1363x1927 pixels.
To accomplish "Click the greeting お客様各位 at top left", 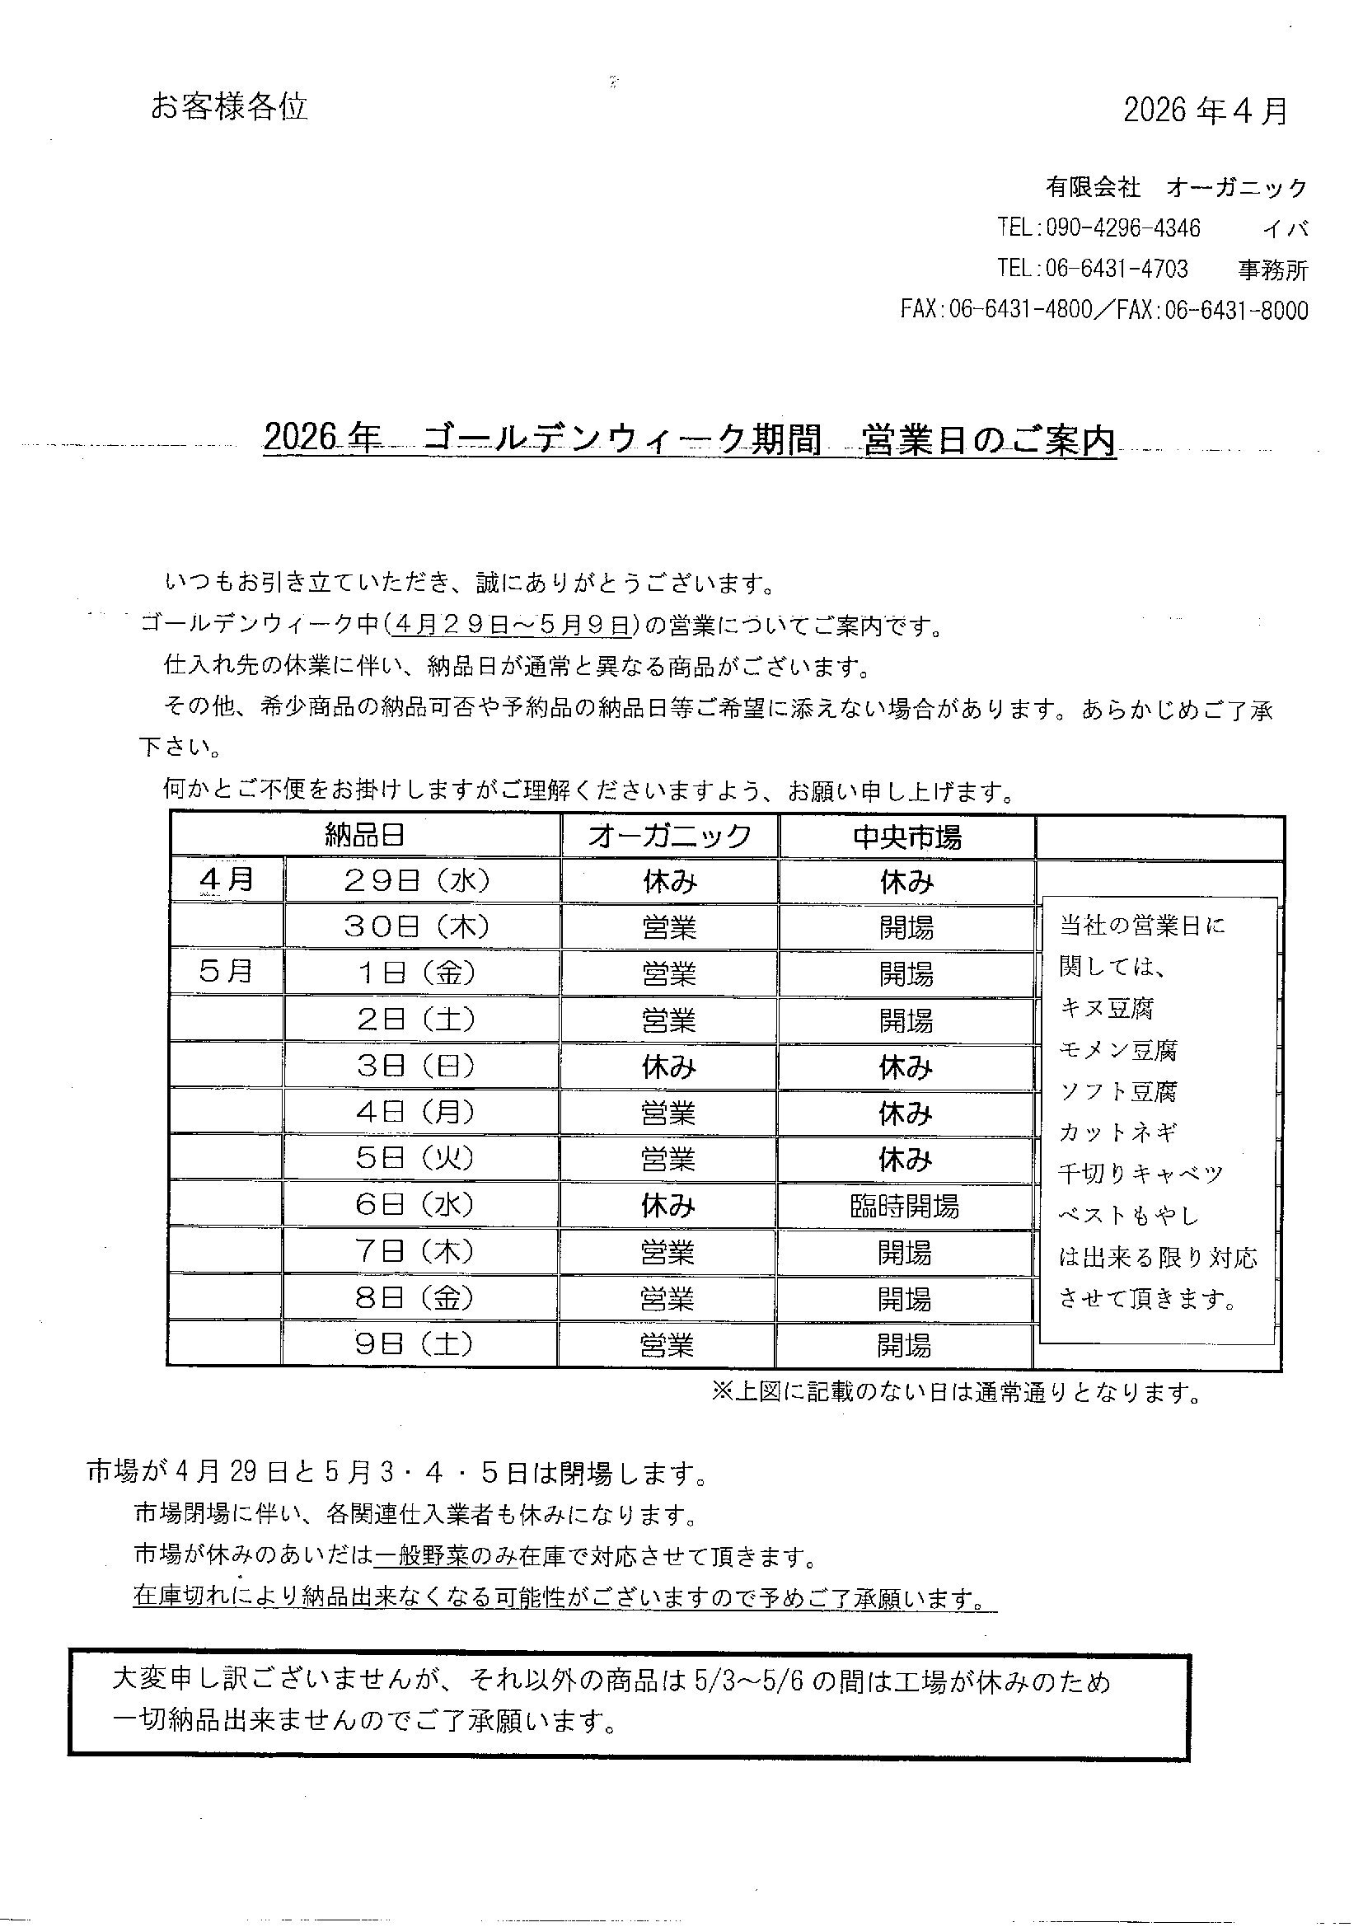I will click(x=229, y=106).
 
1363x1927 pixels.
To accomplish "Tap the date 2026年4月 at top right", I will click(x=1205, y=110).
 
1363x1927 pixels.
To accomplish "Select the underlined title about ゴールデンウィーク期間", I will click(x=689, y=440).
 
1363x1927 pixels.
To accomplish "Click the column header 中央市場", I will click(x=906, y=837).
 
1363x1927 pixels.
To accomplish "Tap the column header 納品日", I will click(x=365, y=835).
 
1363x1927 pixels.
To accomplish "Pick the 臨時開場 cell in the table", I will click(x=904, y=1207).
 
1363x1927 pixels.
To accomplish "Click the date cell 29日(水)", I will click(x=417, y=880).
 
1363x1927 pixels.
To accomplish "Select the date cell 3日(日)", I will click(x=416, y=1067).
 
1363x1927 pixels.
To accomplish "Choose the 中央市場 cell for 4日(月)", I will click(x=906, y=1114).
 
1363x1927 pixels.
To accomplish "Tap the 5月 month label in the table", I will click(x=226, y=972).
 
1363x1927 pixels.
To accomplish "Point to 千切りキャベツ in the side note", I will click(x=1141, y=1174).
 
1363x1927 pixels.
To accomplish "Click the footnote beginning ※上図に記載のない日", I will click(x=956, y=1392).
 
